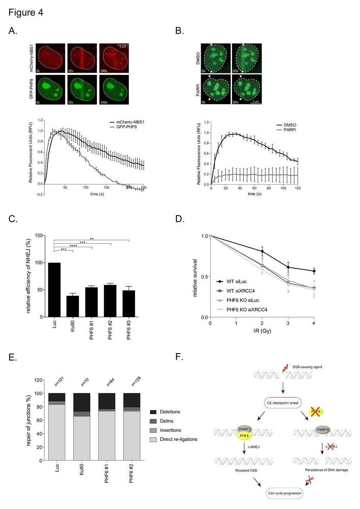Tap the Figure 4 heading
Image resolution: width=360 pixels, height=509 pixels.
[x=25, y=13]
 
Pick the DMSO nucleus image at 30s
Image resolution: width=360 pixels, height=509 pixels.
[x=247, y=57]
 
